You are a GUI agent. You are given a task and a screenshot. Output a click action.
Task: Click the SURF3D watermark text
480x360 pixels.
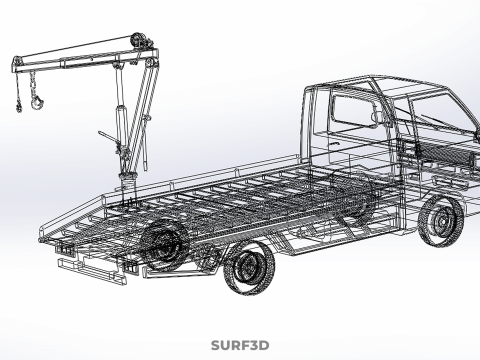(240, 345)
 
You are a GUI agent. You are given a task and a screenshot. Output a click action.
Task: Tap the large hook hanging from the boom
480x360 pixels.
(37, 102)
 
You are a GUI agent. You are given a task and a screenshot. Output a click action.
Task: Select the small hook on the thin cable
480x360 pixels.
(18, 106)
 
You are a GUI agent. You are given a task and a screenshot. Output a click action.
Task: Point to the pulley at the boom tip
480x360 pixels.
(17, 62)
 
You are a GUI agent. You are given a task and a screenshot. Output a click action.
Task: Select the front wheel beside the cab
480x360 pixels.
(441, 221)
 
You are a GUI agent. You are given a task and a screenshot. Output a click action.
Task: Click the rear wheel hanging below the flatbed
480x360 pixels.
(250, 268)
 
